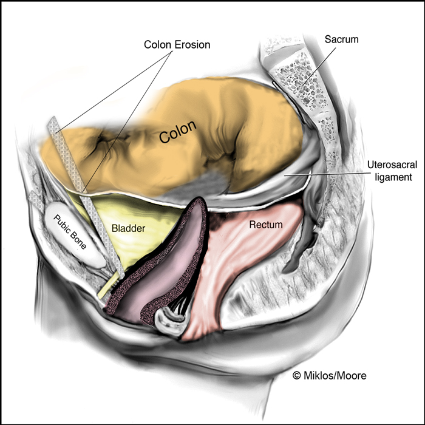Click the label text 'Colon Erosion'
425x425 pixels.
177,45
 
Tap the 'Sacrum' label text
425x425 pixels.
341,39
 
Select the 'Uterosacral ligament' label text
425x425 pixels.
392,171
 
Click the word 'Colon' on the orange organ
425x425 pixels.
177,132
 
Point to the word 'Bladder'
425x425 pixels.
128,228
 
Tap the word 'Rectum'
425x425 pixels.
266,225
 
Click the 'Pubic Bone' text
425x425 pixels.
70,232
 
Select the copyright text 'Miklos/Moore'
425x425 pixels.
335,376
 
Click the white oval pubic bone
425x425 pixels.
75,234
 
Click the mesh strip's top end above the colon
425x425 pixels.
53,121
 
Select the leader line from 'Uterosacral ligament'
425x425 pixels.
325,174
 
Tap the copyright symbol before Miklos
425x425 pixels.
297,376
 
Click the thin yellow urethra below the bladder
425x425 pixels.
109,286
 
